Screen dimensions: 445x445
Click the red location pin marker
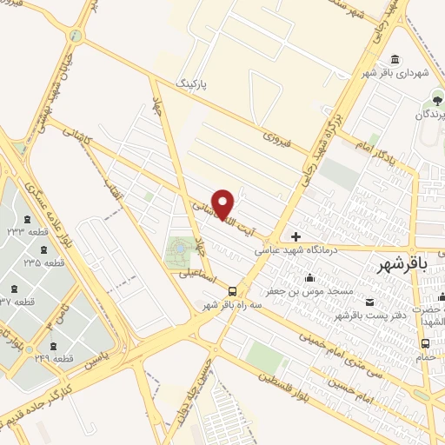tap(223, 203)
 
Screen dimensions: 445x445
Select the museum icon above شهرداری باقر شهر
tap(396, 58)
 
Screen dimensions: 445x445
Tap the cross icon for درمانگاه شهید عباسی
tap(296, 236)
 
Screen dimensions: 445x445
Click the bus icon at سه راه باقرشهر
tap(231, 291)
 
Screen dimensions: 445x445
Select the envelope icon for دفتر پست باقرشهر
tap(371, 301)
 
